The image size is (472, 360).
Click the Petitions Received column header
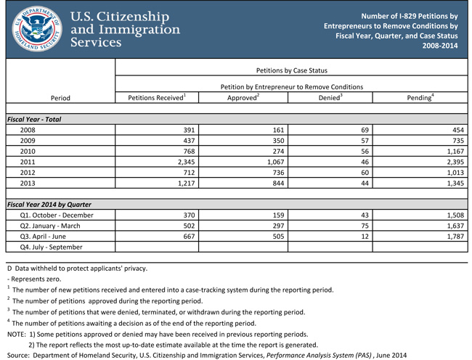(157, 97)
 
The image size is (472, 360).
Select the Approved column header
(243, 97)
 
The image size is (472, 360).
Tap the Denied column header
(330, 97)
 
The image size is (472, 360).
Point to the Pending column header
(420, 97)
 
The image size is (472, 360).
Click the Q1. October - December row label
(57, 215)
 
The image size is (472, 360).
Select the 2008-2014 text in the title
(440, 46)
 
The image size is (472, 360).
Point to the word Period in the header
(60, 97)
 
